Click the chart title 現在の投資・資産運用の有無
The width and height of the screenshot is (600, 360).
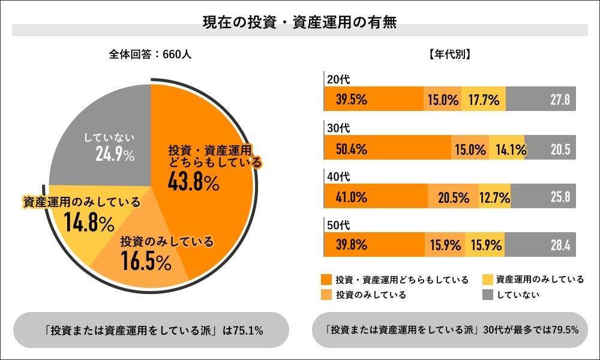coord(299,22)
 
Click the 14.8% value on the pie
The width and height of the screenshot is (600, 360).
coord(89,223)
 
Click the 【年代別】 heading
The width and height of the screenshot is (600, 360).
coord(449,54)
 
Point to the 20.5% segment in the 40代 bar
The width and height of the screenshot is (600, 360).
coord(453,197)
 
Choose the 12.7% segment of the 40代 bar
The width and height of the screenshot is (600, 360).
coord(495,197)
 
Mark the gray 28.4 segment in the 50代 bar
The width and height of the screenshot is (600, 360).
coord(541,245)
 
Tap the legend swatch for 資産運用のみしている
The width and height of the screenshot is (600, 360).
coord(488,280)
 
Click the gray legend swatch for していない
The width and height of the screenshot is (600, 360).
coord(488,295)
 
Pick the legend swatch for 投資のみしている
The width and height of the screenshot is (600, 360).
coord(326,295)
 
